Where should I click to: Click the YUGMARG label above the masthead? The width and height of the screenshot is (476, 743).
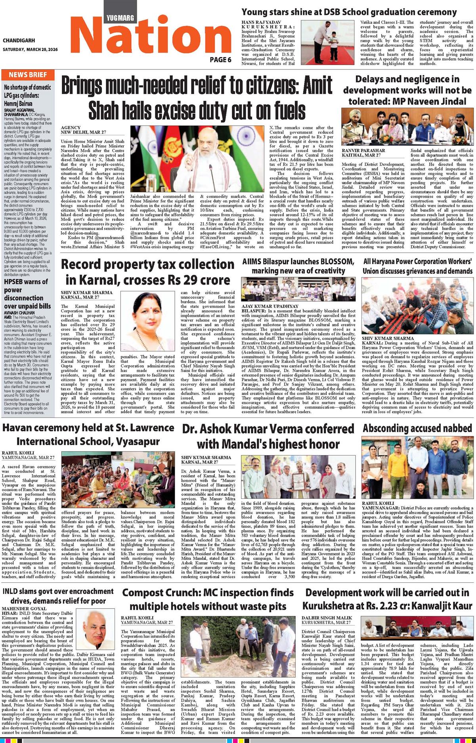pos(120,17)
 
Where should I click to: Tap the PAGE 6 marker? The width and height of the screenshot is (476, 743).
pos(220,59)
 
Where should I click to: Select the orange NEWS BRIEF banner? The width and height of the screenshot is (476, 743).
pos(28,75)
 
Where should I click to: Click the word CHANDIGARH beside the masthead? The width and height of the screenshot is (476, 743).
pos(19,40)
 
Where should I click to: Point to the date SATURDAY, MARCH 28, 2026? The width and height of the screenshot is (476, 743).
pos(30,50)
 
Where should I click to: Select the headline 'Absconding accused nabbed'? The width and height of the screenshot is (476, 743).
pos(417,429)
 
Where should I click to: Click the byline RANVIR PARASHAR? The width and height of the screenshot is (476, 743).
pos(363,151)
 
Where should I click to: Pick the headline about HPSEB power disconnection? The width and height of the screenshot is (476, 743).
pos(27,294)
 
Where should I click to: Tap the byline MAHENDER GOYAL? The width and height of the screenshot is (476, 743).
pos(24,608)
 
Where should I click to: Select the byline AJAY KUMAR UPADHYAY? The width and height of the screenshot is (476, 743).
pos(270,306)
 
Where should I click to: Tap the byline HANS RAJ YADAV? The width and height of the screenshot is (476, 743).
pos(261,22)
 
